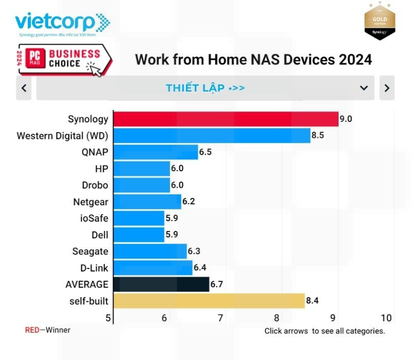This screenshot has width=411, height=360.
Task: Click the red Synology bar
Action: pos(226,119)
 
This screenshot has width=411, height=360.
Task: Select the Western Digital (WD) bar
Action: pos(212,136)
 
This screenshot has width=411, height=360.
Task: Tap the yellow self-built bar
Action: pos(209,301)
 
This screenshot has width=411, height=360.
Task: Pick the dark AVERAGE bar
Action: pos(161,284)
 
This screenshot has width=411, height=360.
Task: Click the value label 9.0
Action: pos(346,119)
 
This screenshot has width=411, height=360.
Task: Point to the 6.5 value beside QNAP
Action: pos(205,152)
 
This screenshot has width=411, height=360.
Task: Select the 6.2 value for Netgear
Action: pos(189,202)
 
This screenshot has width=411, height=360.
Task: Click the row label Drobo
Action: pos(95,185)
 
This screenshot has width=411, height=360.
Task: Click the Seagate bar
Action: pos(150,251)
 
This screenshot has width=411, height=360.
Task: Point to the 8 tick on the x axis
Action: pos(276,318)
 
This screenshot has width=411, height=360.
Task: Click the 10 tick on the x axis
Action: pos(386,318)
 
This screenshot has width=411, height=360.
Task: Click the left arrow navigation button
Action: pos(24,88)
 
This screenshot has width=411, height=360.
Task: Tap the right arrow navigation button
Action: pos(387,88)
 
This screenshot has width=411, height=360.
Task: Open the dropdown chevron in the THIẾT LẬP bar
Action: pos(364,88)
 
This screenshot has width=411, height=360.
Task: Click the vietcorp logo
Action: pos(62,24)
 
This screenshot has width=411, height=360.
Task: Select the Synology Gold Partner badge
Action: pos(379,21)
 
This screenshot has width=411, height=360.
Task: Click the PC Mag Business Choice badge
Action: pos(64,60)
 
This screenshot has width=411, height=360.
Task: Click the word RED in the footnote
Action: pos(32,330)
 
